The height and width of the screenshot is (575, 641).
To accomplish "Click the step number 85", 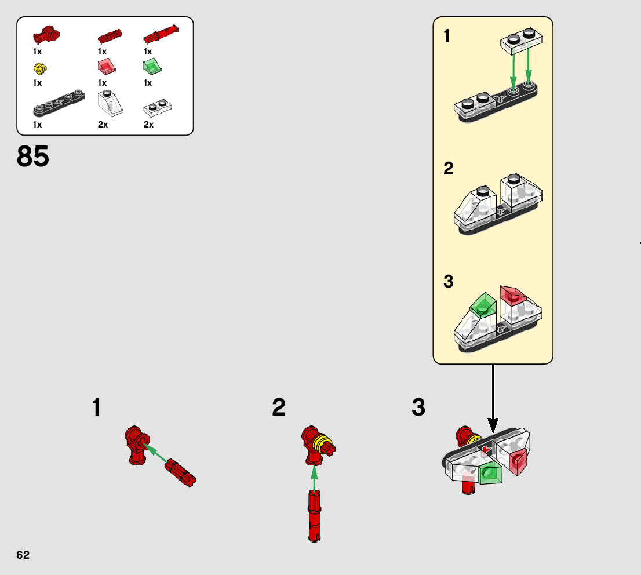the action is [32, 157].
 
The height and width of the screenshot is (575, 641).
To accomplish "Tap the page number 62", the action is [23, 555].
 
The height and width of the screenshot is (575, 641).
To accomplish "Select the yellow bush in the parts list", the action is [40, 69].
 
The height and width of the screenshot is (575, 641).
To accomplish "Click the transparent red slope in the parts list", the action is [106, 66].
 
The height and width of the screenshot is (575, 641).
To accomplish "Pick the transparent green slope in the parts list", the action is [152, 66].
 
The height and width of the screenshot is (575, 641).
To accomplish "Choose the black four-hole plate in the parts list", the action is [59, 103].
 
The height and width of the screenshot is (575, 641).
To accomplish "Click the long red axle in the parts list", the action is [161, 34].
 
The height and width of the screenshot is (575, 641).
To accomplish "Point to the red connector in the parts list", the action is [46, 35].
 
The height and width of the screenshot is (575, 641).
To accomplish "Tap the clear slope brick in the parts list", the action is [110, 103].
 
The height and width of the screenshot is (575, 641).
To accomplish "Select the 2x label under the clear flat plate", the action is [148, 124].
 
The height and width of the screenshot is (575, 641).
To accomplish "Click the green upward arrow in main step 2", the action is [314, 478].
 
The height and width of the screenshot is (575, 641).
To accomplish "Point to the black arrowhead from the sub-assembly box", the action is [493, 425].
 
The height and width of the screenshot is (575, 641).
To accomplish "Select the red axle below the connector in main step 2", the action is [314, 516].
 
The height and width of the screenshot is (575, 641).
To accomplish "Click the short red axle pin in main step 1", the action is [181, 473].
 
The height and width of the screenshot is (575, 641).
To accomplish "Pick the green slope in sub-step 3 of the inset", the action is [483, 305].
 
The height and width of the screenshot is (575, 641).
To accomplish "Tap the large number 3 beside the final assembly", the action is [418, 407].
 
